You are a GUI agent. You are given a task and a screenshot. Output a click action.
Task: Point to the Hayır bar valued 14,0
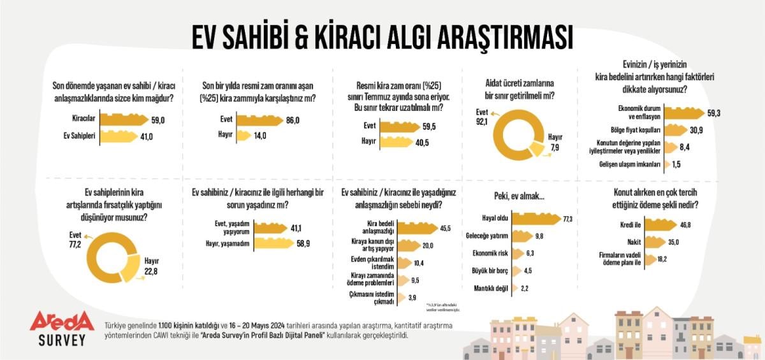(x=242, y=135)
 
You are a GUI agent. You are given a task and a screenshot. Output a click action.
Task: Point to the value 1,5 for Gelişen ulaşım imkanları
(x=676, y=164)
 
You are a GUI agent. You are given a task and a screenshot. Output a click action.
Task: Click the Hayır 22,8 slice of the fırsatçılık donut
(x=131, y=272)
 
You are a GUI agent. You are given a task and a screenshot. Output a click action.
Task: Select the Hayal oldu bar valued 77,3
(x=535, y=219)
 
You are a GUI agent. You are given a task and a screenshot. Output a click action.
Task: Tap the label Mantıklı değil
(x=492, y=288)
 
